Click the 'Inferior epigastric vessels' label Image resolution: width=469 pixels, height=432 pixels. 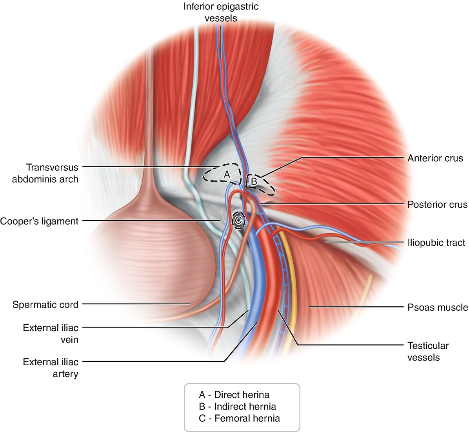[x=221, y=12]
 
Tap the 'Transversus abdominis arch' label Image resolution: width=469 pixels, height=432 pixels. [x=45, y=173]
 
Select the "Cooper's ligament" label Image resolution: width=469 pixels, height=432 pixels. [x=39, y=221]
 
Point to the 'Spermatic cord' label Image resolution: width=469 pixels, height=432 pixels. [x=45, y=304]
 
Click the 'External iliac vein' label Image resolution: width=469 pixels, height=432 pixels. [x=51, y=333]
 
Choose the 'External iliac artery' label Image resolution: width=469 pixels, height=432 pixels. [x=51, y=368]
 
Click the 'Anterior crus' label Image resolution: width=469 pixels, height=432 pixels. [x=435, y=158]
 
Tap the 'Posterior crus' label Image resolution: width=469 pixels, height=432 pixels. [x=437, y=205]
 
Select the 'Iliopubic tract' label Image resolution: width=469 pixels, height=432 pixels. [x=436, y=243]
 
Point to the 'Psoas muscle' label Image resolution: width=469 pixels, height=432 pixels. [x=438, y=307]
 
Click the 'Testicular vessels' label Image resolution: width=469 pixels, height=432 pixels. [x=428, y=351]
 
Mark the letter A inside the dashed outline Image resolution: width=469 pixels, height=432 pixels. [x=227, y=174]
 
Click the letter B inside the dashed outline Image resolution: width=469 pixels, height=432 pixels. [x=254, y=181]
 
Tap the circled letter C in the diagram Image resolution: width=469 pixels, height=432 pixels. [x=238, y=220]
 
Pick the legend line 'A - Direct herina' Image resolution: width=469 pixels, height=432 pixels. [x=234, y=395]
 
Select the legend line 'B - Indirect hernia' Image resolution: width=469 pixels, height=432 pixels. [x=237, y=406]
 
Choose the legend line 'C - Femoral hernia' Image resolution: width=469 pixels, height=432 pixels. [x=239, y=418]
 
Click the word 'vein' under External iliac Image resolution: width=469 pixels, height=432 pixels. [x=69, y=340]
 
